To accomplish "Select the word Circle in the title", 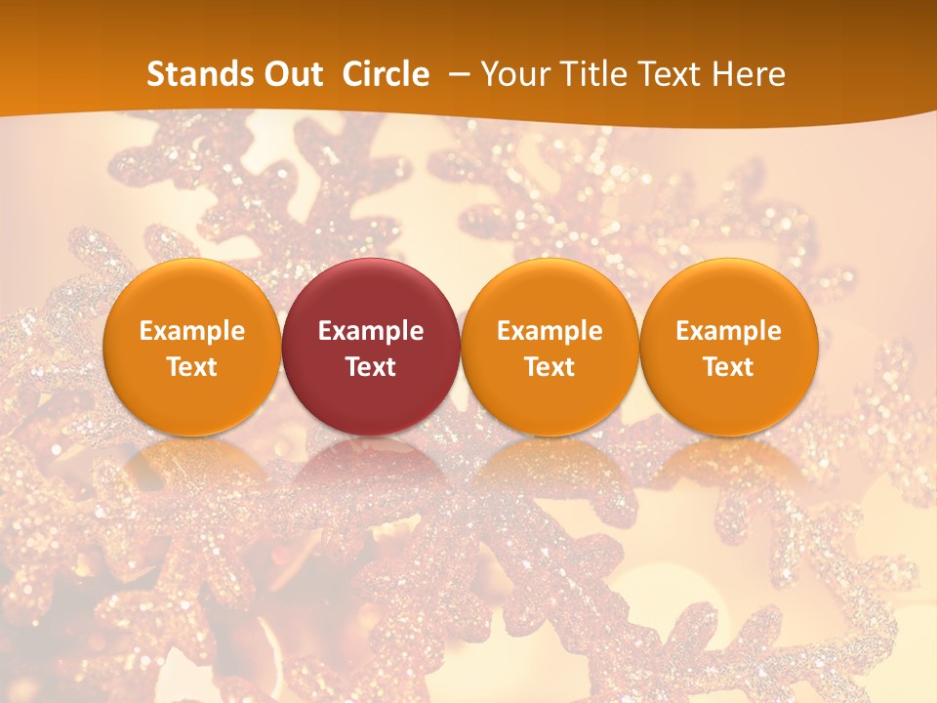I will coord(386,74).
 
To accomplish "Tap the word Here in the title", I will coord(750,74).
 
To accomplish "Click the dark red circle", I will coord(371,348).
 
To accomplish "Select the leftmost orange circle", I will coord(192,348).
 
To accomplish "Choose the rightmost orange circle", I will coord(728,348).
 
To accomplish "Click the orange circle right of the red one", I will coord(550,348).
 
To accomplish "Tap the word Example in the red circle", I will coord(371,331).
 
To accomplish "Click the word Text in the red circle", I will coord(371,367).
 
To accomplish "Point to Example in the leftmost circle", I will coord(192,331).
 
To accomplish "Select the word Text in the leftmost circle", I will coord(192,367).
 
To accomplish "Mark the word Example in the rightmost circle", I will coord(728,331).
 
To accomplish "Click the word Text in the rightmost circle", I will coord(728,367).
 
